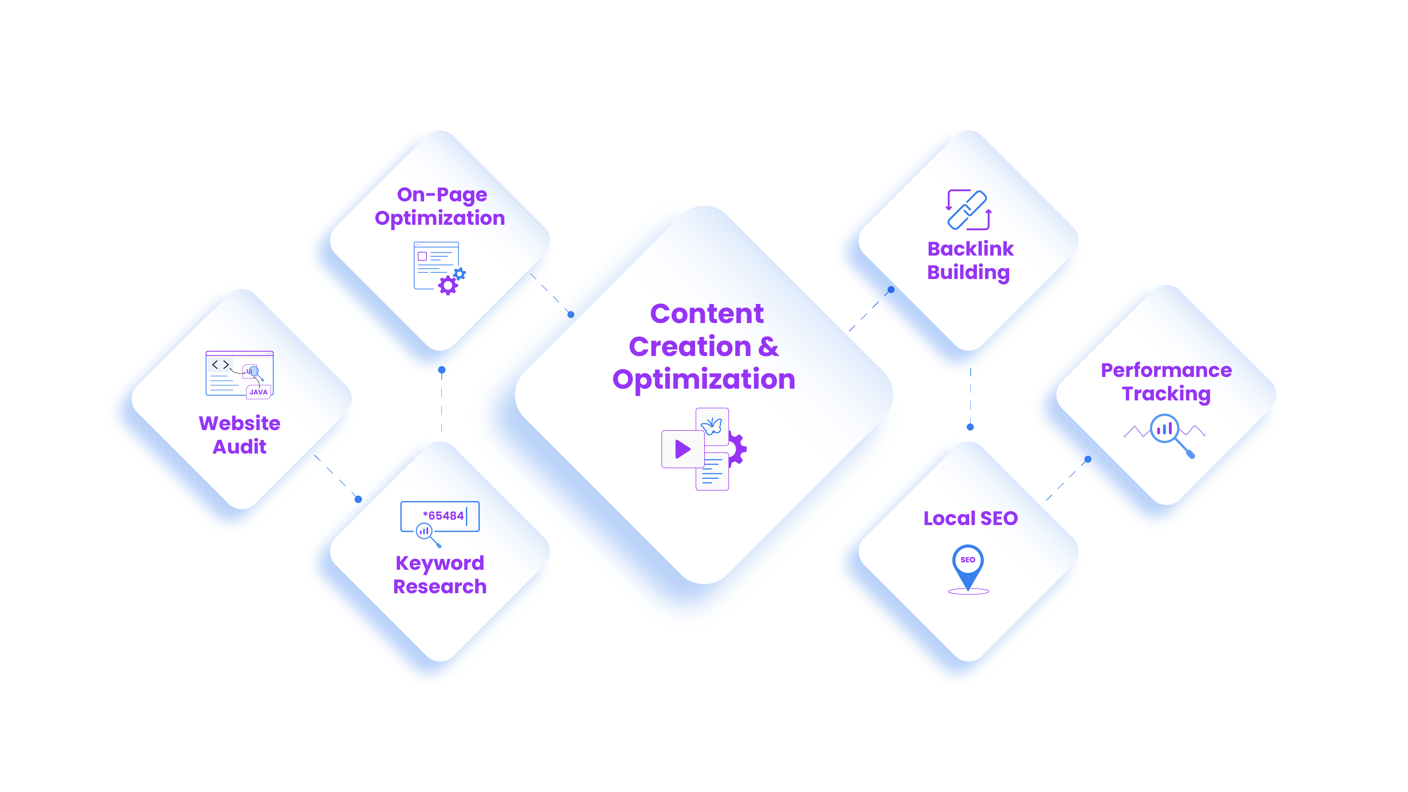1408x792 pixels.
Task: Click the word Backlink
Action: click(x=970, y=249)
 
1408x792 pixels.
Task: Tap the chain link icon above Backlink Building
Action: click(x=967, y=210)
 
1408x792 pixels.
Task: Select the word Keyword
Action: click(x=440, y=563)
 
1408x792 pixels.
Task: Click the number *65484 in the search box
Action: click(x=443, y=516)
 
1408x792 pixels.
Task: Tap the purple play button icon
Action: click(x=682, y=449)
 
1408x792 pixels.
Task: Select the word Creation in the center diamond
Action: click(x=690, y=346)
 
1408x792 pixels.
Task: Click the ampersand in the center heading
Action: click(x=768, y=346)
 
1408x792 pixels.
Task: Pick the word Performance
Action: click(x=1166, y=371)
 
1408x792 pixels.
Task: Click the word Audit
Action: click(x=239, y=447)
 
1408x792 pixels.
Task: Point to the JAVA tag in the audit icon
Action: click(x=258, y=392)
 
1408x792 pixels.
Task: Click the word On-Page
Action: click(x=442, y=195)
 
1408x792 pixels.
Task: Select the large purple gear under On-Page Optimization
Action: click(x=448, y=285)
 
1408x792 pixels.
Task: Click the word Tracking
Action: click(x=1166, y=394)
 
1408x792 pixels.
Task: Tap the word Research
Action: click(x=440, y=587)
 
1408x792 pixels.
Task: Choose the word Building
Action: click(x=968, y=273)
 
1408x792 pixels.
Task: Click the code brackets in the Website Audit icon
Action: click(x=220, y=364)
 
